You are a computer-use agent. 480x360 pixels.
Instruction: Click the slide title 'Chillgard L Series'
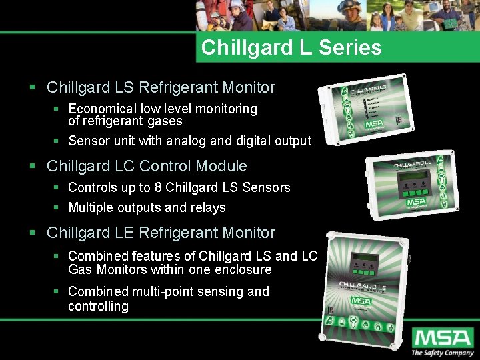tap(291, 47)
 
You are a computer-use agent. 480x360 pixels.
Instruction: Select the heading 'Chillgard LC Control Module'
tap(147, 166)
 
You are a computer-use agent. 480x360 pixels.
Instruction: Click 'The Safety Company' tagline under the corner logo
tap(442, 353)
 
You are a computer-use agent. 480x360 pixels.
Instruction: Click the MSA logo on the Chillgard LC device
tap(416, 201)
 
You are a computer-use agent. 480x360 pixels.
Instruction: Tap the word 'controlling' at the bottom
tap(98, 306)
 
